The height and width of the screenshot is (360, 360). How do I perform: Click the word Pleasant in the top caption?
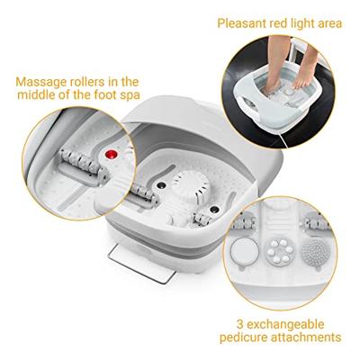243,22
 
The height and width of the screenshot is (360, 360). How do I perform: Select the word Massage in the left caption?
39,82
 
